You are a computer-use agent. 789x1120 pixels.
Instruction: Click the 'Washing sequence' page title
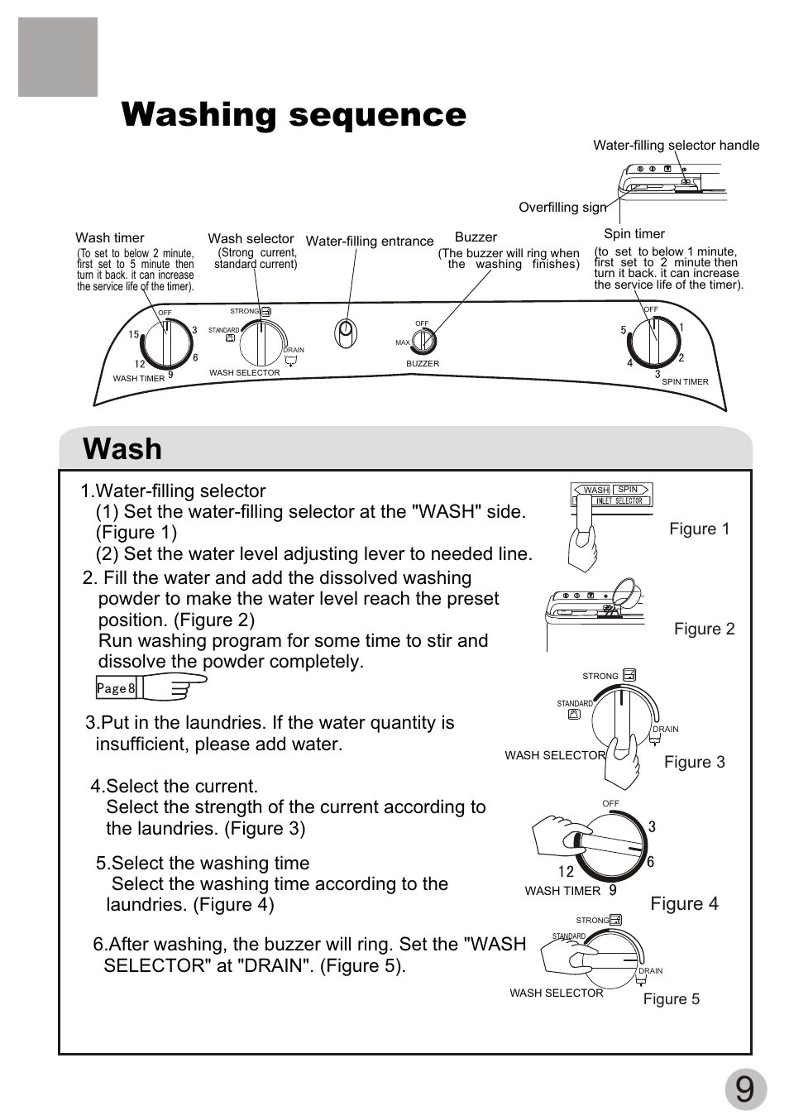click(x=294, y=115)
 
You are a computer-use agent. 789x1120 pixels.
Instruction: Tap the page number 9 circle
click(x=745, y=1090)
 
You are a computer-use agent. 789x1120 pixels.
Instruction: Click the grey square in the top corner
click(x=58, y=57)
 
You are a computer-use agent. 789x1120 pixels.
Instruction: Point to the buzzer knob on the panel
click(x=423, y=340)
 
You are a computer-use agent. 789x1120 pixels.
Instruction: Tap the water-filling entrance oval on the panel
click(x=346, y=333)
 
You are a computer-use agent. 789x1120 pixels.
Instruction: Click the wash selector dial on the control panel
click(x=261, y=342)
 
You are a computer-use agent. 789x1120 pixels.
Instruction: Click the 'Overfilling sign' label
click(x=562, y=208)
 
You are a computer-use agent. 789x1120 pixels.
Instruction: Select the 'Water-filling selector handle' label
click(x=676, y=146)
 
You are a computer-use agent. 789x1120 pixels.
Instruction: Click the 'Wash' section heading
click(x=122, y=449)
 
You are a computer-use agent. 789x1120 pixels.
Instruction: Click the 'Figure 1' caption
click(x=699, y=529)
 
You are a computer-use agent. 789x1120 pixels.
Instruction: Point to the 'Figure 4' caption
click(x=684, y=903)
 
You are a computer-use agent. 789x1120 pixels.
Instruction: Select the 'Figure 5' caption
click(x=671, y=999)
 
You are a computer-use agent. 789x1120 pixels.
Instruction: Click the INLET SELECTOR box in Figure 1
click(x=613, y=500)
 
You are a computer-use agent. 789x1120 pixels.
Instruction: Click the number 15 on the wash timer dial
click(x=133, y=335)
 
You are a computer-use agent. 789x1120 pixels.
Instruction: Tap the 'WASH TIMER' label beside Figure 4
click(x=562, y=891)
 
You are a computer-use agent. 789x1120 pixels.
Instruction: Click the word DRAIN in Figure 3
click(x=665, y=729)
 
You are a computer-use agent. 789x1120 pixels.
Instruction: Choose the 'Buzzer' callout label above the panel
click(x=476, y=237)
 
